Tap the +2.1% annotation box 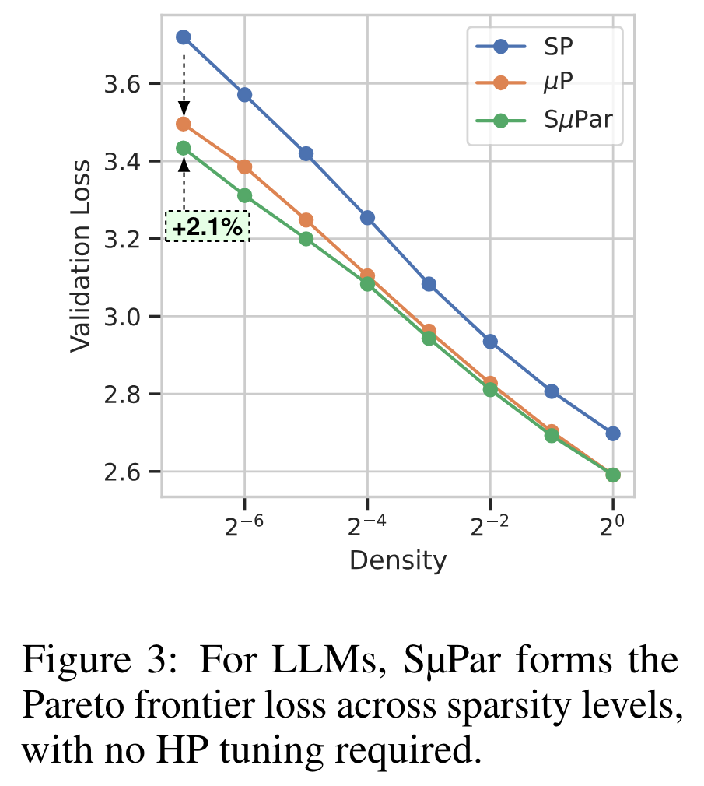(207, 228)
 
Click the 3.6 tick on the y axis (128, 84)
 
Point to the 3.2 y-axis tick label (128, 239)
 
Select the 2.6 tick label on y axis (128, 472)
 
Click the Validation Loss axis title (81, 254)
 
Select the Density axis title (398, 560)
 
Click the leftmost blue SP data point (184, 37)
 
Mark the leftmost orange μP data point (184, 124)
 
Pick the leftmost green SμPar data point (184, 148)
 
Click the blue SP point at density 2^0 (613, 433)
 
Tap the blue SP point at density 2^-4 (367, 218)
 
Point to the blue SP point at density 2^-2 (490, 341)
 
